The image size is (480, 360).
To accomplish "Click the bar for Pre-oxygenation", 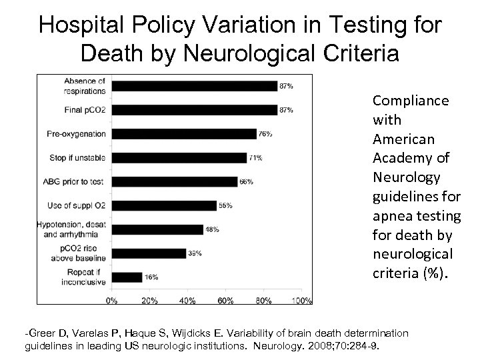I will point(184,134).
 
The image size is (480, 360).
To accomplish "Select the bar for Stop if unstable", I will point(179,158).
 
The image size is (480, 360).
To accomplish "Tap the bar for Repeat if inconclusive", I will point(127,277).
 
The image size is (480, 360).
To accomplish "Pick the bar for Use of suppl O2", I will point(164,205).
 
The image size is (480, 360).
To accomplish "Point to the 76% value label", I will point(265,134).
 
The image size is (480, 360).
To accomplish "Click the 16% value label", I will point(151,277).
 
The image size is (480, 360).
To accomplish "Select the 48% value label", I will point(212,229).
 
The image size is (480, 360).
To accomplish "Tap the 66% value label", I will point(246,181).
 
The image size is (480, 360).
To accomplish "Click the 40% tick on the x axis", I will point(187,301).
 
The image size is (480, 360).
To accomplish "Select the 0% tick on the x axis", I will point(113,301).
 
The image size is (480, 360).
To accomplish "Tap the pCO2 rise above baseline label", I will point(81,253).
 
